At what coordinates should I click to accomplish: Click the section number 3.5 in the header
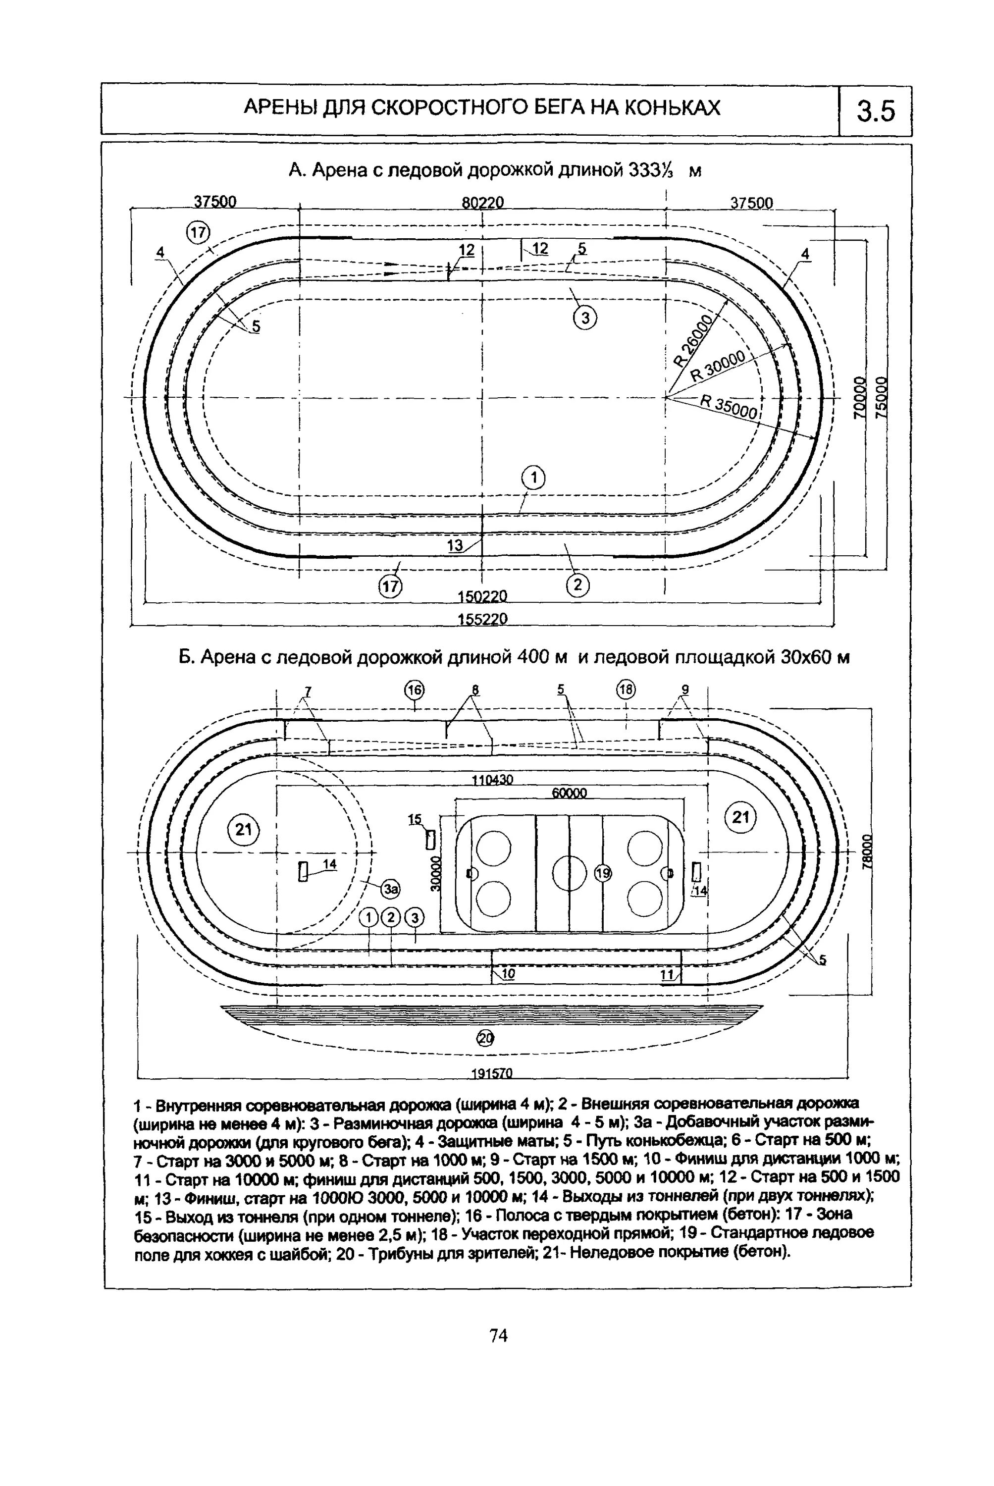point(876,111)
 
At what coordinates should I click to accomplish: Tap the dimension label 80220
point(482,202)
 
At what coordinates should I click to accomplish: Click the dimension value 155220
point(482,618)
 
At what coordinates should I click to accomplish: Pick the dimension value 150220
point(482,596)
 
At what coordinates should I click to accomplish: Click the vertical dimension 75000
point(881,397)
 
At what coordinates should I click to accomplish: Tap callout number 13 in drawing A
point(455,545)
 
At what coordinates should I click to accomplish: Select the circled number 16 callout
point(415,690)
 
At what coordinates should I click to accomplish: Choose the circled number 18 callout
point(626,689)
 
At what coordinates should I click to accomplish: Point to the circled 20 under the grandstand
point(485,1038)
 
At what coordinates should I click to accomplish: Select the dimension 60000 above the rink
point(569,793)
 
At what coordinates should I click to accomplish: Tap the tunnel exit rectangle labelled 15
point(430,840)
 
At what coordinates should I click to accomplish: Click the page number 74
point(499,1336)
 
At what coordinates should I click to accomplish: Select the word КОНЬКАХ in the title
point(673,108)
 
